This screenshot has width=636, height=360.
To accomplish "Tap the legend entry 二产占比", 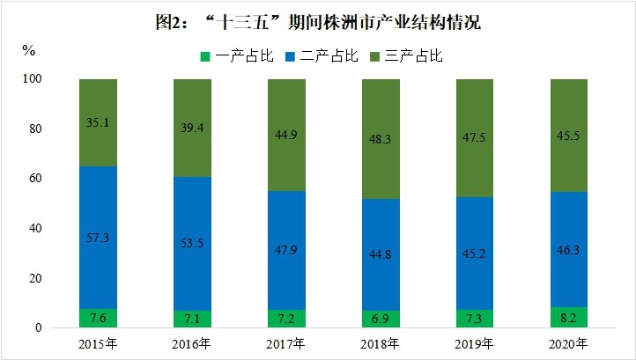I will click(x=322, y=56).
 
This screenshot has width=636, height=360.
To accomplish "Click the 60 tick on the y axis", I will click(x=35, y=179).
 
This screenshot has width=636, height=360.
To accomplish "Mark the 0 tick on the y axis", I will click(x=39, y=328).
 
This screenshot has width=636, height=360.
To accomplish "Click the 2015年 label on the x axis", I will click(x=98, y=343).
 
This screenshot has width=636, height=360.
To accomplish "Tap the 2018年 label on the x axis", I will click(x=381, y=343).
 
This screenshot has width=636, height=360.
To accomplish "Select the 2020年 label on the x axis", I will click(x=568, y=343).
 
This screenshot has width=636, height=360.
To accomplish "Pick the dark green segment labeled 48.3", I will click(x=381, y=114).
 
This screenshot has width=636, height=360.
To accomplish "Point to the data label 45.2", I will click(x=475, y=261).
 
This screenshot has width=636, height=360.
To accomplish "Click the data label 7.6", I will click(x=98, y=318).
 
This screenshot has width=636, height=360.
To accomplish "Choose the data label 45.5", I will click(x=568, y=136).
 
